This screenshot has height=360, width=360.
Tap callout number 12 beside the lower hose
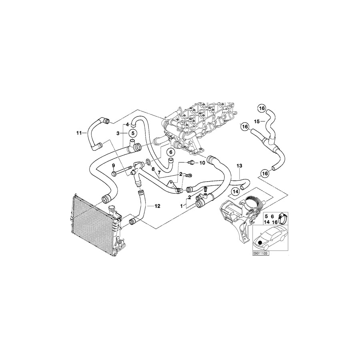pos(157,206)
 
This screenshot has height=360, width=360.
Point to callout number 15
pos(258,121)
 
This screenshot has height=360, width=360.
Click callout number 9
pos(114,165)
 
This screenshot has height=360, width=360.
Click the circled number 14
pos(235,192)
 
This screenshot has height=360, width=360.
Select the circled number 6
pos(170,152)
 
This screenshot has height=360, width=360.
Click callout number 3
pos(118,132)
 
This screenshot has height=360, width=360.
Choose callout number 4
pos(128,124)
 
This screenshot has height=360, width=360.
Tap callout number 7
pos(159,173)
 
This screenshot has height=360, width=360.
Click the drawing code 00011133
pos(260,254)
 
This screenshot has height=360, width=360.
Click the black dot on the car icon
pos(260,243)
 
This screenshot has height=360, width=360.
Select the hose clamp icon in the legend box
pos(282,218)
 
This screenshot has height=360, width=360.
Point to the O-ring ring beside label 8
pos(148,162)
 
